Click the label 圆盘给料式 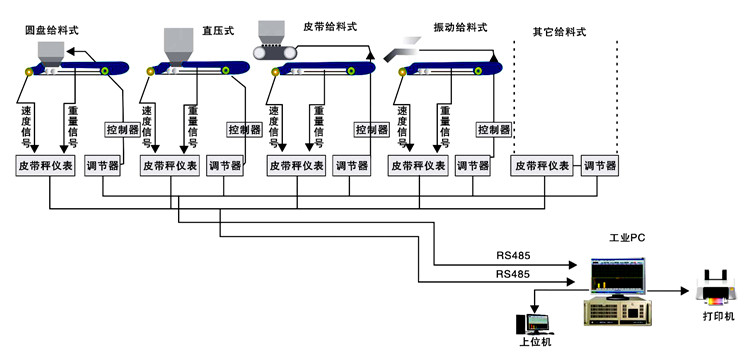click(x=52, y=32)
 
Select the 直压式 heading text click(x=216, y=32)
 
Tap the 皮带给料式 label click(x=329, y=27)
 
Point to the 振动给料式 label click(x=461, y=27)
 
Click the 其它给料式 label click(x=559, y=32)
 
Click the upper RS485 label click(x=512, y=255)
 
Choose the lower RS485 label click(x=512, y=272)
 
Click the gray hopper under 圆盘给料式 click(x=51, y=51)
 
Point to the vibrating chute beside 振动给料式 click(x=406, y=42)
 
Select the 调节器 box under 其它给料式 click(x=600, y=166)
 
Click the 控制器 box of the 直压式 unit click(x=244, y=129)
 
